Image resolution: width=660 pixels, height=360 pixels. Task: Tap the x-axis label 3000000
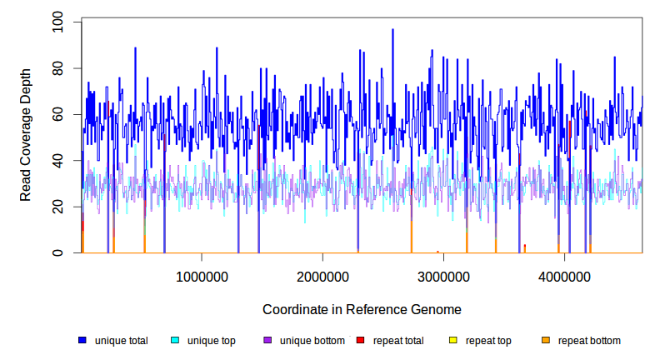click(442, 277)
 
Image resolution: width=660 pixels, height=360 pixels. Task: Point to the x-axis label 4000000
click(564, 277)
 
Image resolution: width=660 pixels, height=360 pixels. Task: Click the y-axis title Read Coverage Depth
click(26, 137)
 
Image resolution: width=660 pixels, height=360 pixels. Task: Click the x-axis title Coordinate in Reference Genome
click(362, 309)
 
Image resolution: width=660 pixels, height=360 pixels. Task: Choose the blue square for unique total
click(82, 341)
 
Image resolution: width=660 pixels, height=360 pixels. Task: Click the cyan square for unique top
click(175, 341)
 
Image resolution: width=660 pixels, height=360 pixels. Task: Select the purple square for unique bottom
click(267, 341)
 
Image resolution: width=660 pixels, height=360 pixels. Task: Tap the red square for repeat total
click(360, 341)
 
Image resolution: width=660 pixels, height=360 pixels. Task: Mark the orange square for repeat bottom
click(545, 341)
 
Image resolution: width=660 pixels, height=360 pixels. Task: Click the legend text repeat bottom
click(589, 341)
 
